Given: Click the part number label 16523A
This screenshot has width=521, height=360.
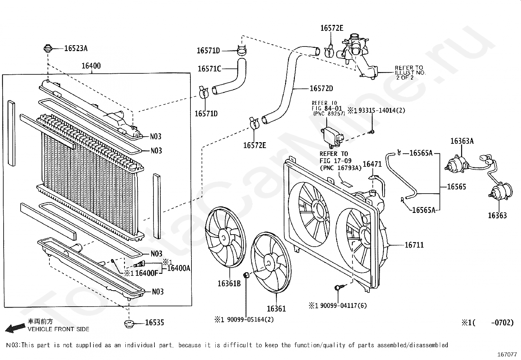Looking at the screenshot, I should click(x=76, y=48).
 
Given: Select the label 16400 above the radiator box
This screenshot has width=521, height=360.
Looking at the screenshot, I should click(x=91, y=66).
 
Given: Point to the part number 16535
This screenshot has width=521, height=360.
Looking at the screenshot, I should click(x=154, y=323).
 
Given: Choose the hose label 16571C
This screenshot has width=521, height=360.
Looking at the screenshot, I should click(x=209, y=69).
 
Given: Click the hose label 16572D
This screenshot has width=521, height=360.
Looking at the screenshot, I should click(x=321, y=88).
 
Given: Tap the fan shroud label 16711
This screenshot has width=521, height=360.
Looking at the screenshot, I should click(x=414, y=245).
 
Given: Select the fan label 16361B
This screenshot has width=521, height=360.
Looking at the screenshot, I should click(x=229, y=283).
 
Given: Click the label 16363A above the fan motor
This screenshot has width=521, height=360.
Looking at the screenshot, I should click(x=462, y=141).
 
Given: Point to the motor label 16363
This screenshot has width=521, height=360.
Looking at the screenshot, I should click(x=497, y=215).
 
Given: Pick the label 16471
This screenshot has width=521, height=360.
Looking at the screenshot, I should click(x=372, y=164).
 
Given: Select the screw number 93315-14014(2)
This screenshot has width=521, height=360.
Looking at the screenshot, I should click(x=382, y=111).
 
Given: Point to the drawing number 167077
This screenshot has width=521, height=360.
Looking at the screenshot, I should click(x=507, y=354).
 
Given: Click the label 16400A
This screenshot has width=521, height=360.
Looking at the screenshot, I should click(x=179, y=268).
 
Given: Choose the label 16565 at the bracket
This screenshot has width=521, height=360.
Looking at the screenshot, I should click(x=456, y=187).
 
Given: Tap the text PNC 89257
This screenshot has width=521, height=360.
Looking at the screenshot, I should click(x=329, y=114).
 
